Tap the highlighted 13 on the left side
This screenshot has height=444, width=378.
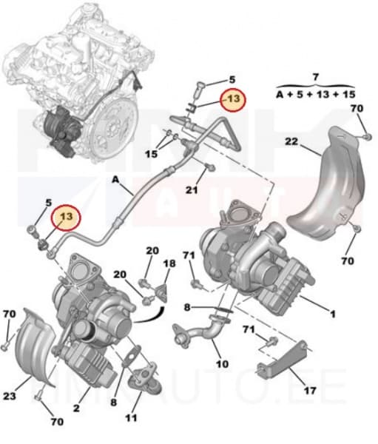coord(67,217)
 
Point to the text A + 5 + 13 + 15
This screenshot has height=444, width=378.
coord(315,94)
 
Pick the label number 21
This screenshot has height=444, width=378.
coord(192,190)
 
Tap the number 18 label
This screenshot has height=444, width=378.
coord(169,263)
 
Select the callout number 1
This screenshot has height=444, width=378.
coord(332,314)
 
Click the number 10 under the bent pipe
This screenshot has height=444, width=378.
coord(221,364)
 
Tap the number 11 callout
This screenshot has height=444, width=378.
coord(132,418)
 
